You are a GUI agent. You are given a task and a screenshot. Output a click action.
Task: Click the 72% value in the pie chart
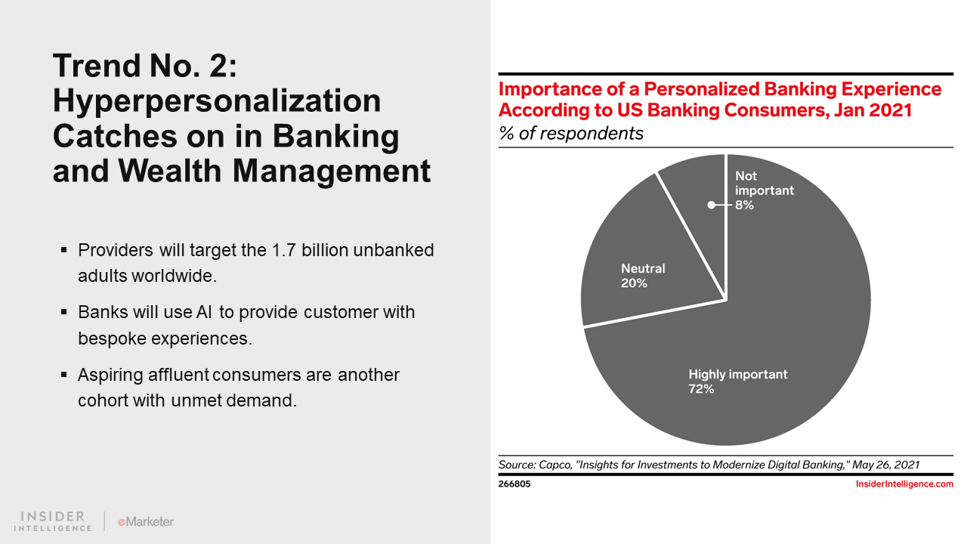pos(701,389)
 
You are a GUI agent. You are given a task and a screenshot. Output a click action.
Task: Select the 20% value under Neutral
pos(634,283)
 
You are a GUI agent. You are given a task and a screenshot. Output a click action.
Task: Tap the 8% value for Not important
pos(744,205)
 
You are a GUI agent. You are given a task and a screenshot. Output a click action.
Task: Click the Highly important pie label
pos(737,374)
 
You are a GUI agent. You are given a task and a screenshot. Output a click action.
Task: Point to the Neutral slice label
pos(643,268)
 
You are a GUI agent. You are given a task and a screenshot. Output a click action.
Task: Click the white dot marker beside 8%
pos(711,205)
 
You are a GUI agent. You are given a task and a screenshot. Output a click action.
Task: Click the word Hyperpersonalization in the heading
pos(217,100)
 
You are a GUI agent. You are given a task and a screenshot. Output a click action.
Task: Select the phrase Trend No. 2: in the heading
pos(145,66)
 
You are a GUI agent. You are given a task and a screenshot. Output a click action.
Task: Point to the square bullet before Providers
pos(64,250)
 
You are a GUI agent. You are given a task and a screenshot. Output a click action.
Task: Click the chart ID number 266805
pos(514,484)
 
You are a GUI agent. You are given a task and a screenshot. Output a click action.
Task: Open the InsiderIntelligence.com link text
pos(904,484)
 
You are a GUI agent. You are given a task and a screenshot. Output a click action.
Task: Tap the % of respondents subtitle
pos(570,134)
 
